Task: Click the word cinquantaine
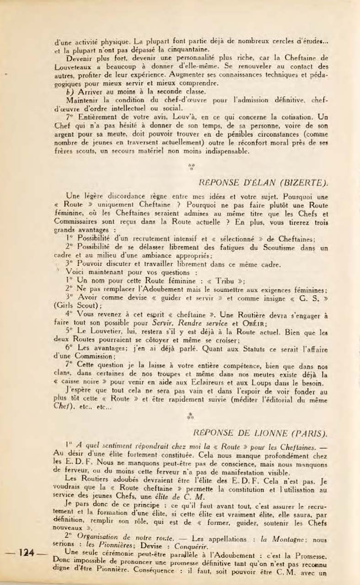tap(186, 49)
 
